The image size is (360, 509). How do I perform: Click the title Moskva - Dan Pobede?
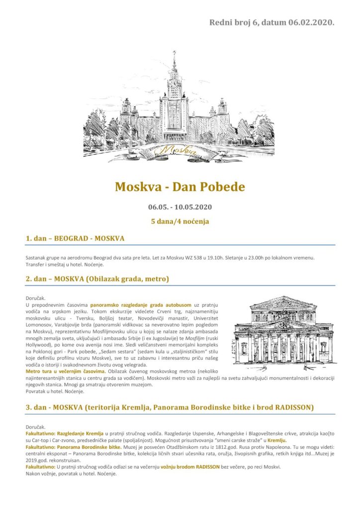(x=180, y=187)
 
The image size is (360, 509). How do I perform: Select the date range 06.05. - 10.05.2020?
(x=180, y=207)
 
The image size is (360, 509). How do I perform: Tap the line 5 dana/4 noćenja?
(x=180, y=222)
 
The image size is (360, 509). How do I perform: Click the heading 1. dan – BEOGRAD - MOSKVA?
(x=75, y=239)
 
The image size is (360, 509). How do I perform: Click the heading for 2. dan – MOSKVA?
(x=97, y=279)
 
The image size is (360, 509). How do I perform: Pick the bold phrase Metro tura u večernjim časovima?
(x=65, y=371)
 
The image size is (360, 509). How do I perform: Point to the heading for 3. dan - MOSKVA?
(x=169, y=408)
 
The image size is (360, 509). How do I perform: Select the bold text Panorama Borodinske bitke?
(x=87, y=447)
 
